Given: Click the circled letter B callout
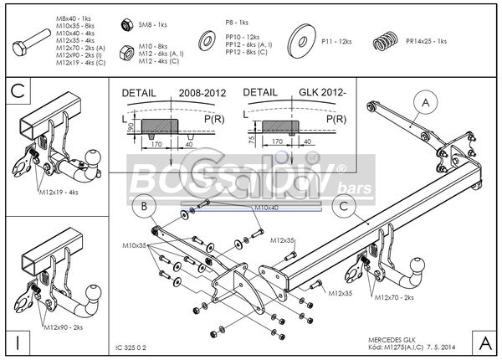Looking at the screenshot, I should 144,205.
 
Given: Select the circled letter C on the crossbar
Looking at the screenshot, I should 341,205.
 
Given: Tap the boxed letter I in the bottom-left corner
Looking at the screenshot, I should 17,343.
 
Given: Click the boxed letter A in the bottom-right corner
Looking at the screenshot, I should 485,343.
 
